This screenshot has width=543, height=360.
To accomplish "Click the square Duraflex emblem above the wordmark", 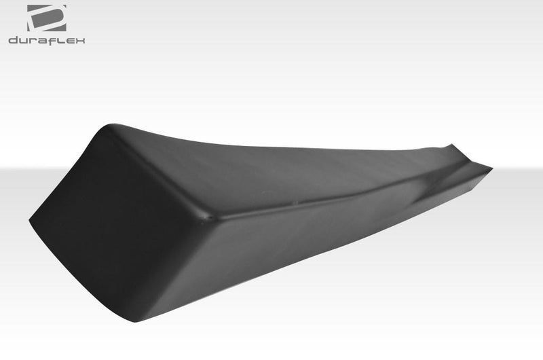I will [x=46, y=18].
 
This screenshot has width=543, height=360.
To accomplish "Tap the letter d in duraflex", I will [x=14, y=40].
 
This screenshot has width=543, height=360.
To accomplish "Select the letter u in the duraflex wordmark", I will [x=24, y=41].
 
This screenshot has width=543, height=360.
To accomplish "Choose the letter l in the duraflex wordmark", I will [x=63, y=40].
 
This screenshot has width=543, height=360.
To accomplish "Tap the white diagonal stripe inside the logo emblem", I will [x=46, y=18].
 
